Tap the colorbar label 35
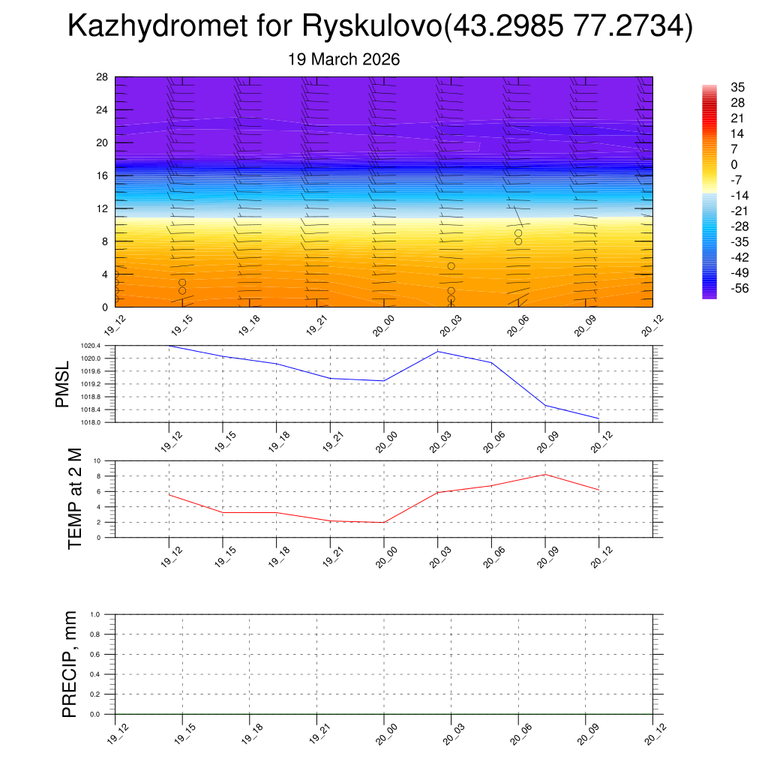click(738, 87)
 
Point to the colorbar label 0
click(734, 164)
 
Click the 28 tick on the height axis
click(102, 77)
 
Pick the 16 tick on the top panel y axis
click(102, 175)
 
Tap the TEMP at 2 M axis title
click(75, 499)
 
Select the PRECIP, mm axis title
click(70, 664)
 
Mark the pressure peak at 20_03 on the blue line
click(437, 351)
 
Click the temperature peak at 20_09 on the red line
click(545, 474)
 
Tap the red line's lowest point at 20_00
click(384, 523)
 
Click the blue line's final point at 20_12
click(598, 418)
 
